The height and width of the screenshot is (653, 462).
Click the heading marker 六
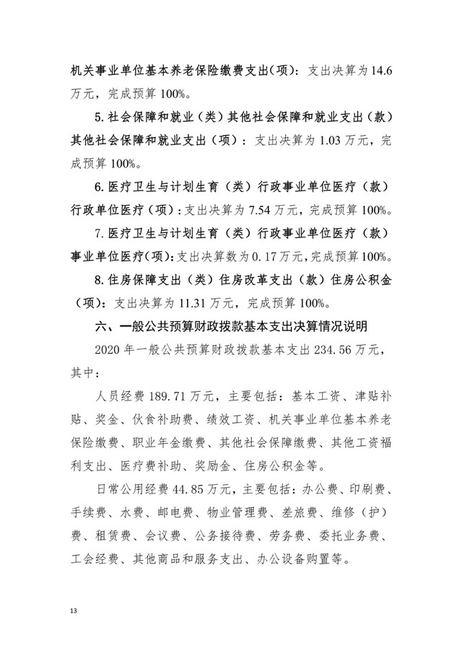(x=102, y=327)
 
